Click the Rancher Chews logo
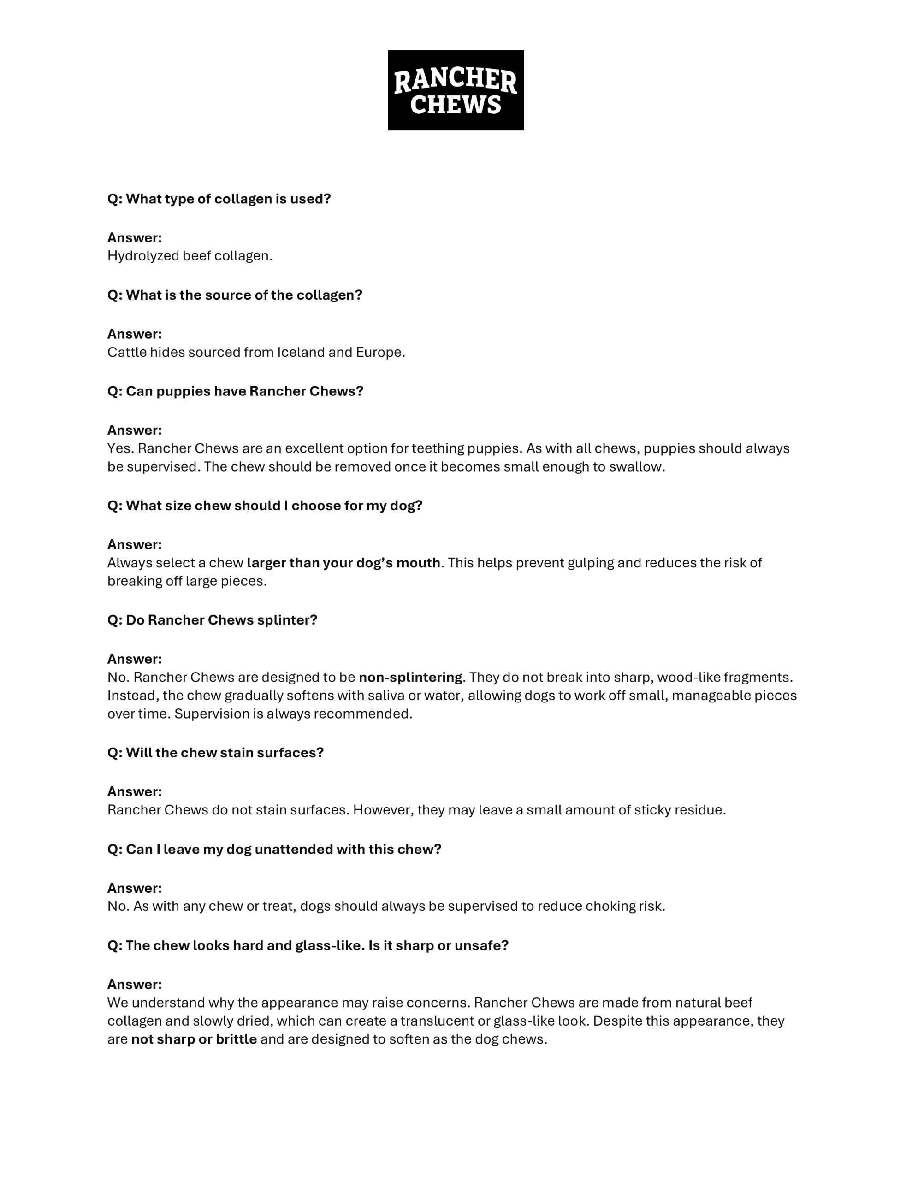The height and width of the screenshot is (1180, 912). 455,90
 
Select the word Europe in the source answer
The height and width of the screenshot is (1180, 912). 379,352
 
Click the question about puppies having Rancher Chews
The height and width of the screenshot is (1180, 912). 235,391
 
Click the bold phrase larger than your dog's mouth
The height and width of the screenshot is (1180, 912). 343,563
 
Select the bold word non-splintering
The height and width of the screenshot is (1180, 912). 410,678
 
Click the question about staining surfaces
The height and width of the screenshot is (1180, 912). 215,753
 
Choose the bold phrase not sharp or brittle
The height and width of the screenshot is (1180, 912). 194,1039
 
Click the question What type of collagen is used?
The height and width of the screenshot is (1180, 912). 219,199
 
